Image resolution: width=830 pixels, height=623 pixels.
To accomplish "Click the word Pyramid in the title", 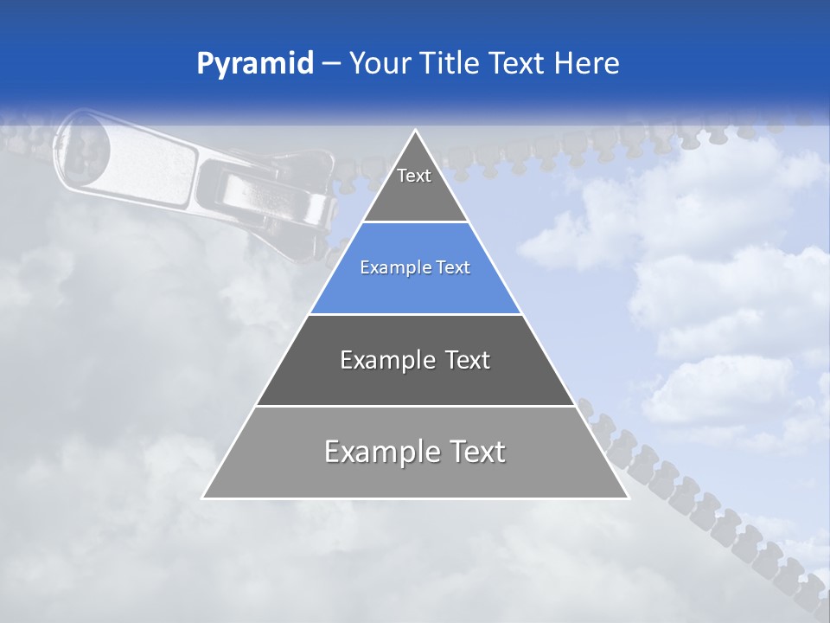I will [x=255, y=64].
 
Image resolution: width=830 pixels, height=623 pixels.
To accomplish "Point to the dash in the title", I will [x=331, y=64].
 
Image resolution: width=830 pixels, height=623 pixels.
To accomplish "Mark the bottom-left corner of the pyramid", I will [x=204, y=498].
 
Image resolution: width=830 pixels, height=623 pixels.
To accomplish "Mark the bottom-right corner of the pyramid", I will [x=628, y=498].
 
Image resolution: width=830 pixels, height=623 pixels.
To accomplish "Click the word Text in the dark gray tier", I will [x=460, y=360].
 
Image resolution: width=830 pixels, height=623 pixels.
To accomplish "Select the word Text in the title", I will [x=518, y=64].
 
